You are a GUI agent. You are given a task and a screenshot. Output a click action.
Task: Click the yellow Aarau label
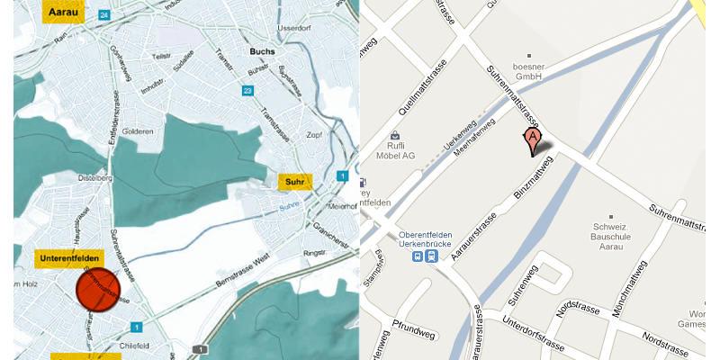tap(63, 13)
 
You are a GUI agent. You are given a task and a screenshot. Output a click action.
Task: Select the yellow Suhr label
tap(294, 183)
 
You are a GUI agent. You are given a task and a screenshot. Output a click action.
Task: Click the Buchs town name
tap(264, 51)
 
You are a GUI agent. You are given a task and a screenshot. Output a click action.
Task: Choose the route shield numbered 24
tap(105, 15)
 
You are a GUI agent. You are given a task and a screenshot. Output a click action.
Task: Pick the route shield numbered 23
tap(247, 90)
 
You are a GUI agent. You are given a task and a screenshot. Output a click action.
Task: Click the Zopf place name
tap(314, 135)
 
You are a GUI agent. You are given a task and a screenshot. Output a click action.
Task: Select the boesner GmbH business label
tap(530, 71)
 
